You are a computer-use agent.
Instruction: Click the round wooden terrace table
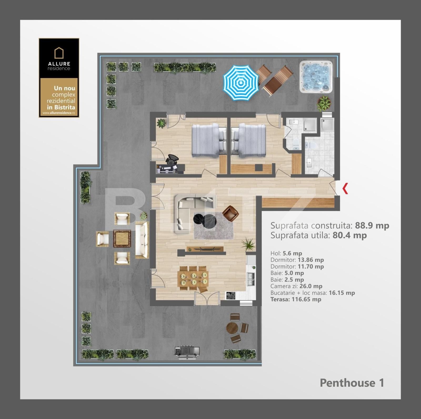(232, 328)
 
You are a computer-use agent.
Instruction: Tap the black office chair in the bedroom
(172, 159)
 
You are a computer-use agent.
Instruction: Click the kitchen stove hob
(231, 296)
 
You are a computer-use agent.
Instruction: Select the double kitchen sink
(251, 279)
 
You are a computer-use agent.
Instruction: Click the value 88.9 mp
(372, 226)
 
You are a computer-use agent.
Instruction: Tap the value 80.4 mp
(349, 235)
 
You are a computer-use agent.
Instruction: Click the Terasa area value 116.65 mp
(306, 299)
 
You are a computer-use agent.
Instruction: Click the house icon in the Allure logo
(59, 53)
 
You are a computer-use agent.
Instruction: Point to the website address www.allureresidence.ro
(59, 113)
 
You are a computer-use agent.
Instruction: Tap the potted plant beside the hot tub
(324, 103)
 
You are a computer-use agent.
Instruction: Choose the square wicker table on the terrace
(122, 238)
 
